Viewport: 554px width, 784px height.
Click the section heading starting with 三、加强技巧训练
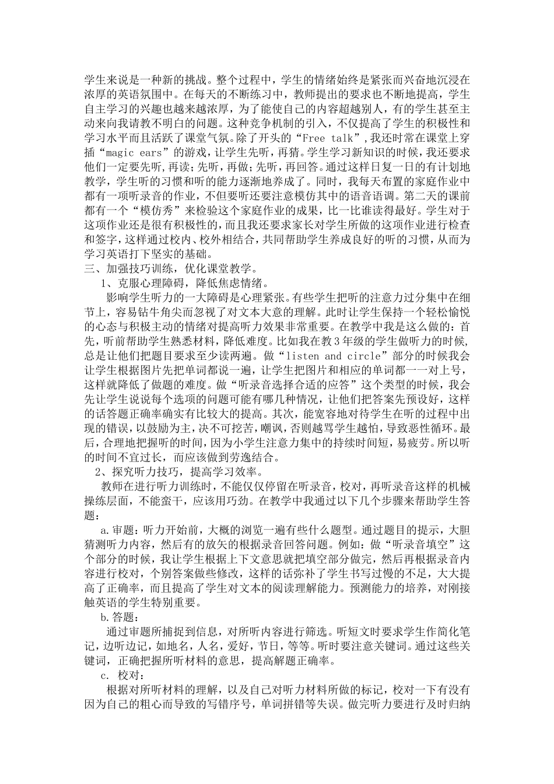(169, 269)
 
